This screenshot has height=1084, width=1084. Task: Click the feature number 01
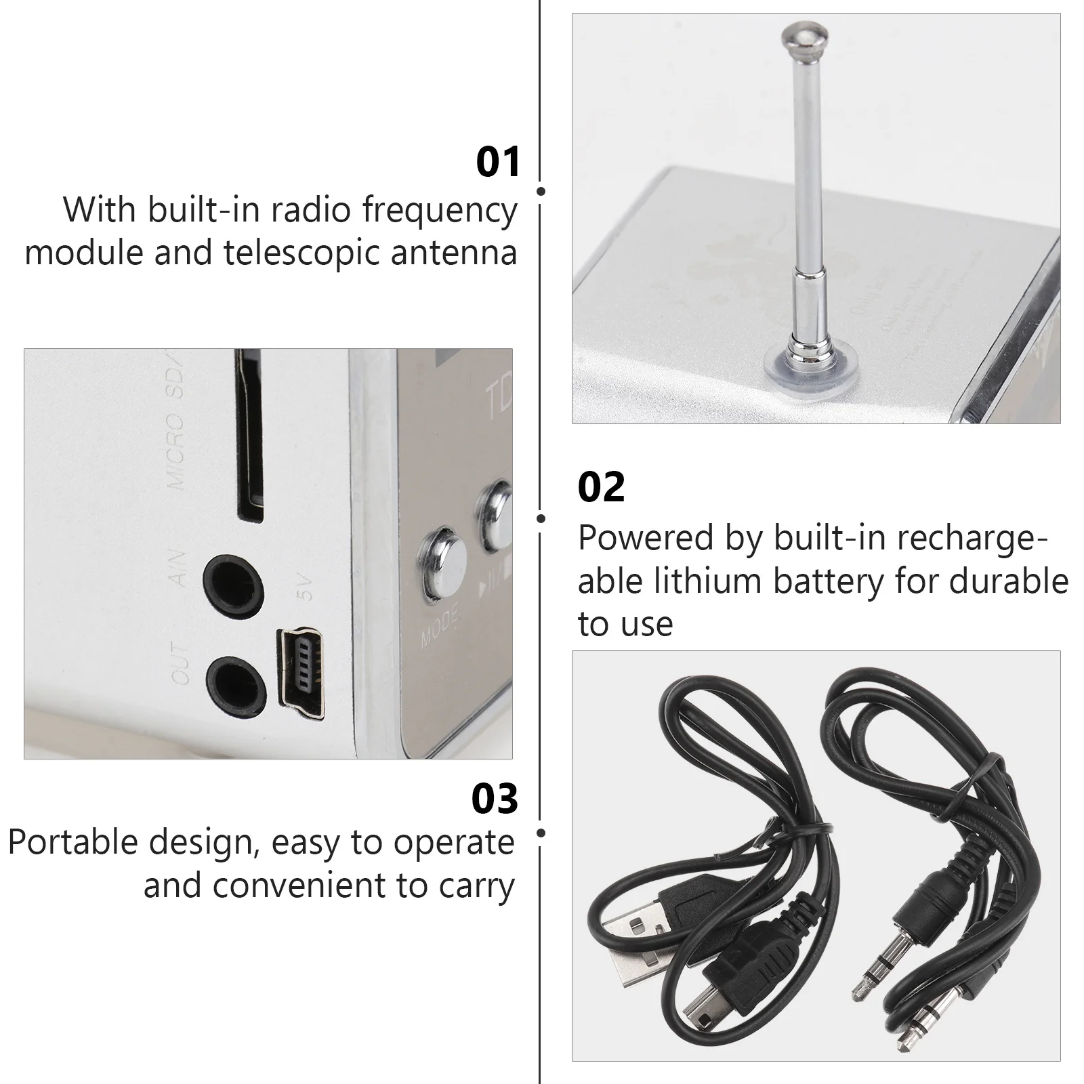pos(497,162)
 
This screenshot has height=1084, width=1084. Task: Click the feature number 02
pos(601,487)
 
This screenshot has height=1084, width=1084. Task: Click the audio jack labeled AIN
pos(233,580)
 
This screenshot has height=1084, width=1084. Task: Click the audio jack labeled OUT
pos(233,682)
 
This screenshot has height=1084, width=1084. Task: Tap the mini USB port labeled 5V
pos(301,674)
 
